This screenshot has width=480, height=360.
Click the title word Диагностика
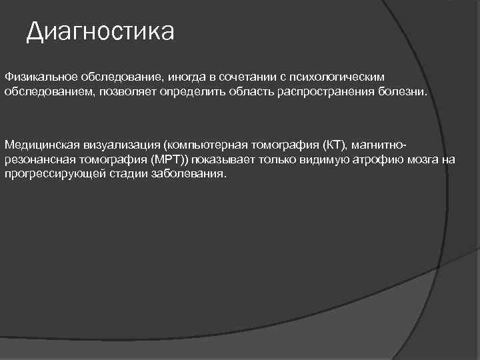point(100,31)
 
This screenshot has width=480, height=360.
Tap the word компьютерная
point(206,145)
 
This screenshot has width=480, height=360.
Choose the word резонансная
point(38,159)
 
